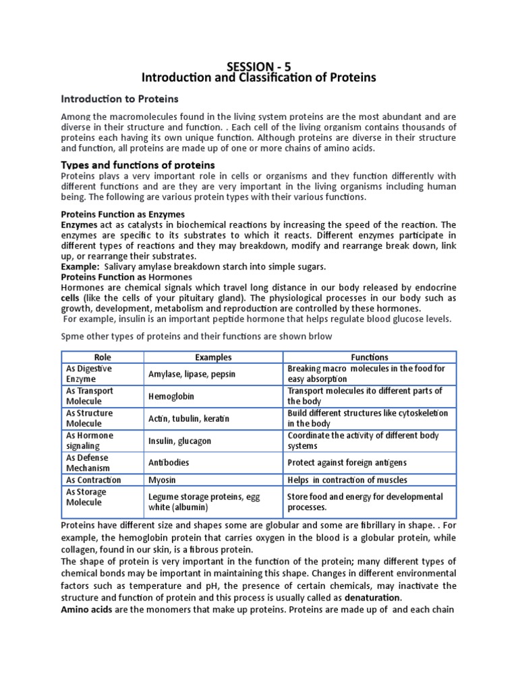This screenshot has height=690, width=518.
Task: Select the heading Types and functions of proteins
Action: (x=138, y=165)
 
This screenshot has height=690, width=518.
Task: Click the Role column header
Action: (x=103, y=357)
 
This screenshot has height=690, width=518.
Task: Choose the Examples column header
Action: (x=213, y=357)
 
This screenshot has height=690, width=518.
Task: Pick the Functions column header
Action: (x=369, y=357)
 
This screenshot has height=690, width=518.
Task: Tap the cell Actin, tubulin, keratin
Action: (x=189, y=418)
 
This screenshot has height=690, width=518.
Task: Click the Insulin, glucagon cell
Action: (x=179, y=441)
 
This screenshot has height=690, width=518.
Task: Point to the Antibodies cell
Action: (x=169, y=463)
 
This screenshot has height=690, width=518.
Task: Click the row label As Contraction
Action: (x=93, y=480)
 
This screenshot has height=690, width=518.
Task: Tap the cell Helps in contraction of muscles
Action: (x=347, y=480)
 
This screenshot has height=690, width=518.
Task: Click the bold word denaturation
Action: (x=372, y=598)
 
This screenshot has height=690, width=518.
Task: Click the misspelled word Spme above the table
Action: (x=74, y=336)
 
